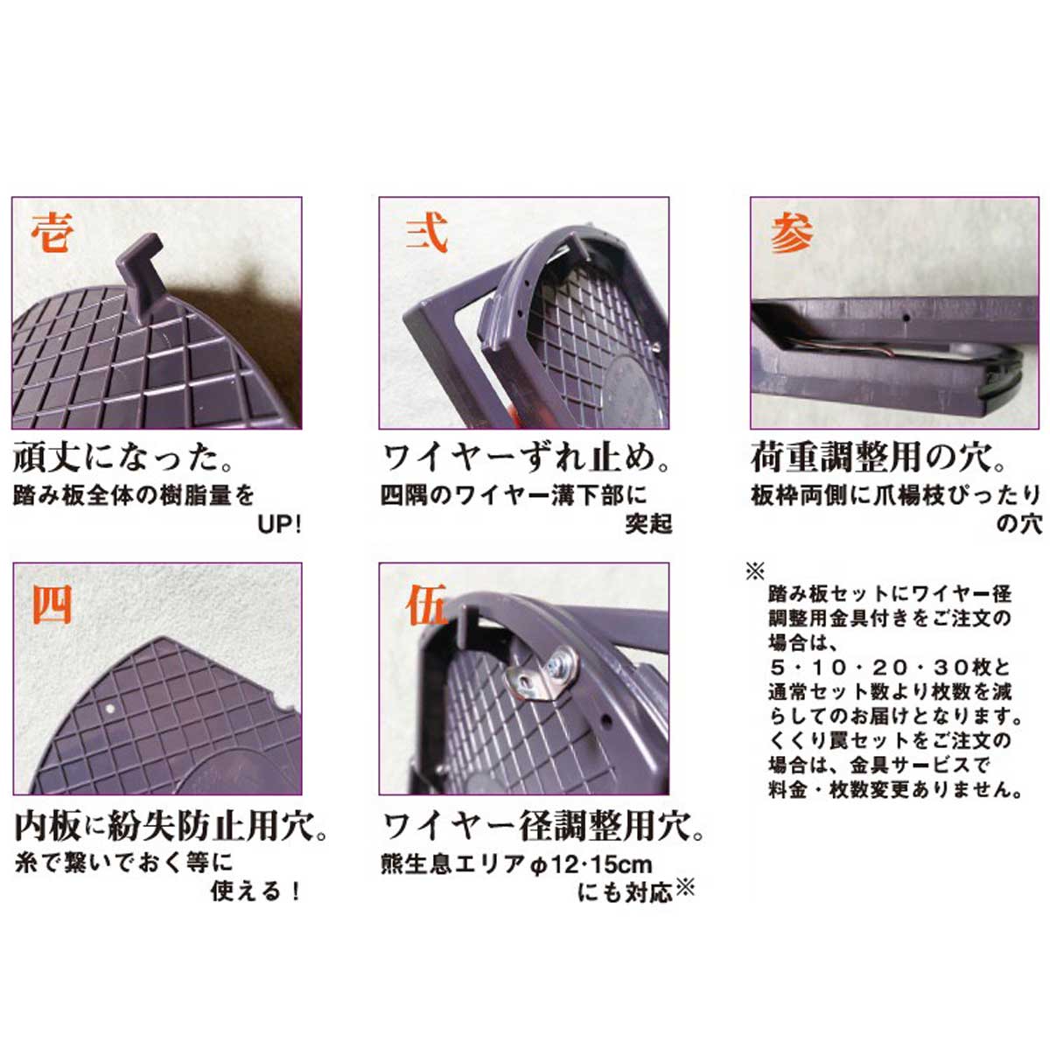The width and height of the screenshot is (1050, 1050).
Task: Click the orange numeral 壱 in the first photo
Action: point(52,233)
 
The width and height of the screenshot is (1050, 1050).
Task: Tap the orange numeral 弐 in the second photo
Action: point(427,233)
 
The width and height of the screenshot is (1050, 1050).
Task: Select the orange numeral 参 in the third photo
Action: point(792,234)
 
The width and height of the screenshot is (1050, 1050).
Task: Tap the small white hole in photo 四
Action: point(109,709)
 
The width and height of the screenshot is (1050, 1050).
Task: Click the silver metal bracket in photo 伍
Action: point(541,674)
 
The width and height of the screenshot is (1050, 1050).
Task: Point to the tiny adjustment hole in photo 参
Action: point(906,316)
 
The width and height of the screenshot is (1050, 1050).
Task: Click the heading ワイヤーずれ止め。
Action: point(526,458)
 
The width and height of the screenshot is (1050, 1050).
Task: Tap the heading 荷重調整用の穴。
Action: point(878,458)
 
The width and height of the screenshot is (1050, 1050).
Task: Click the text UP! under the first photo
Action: point(279,525)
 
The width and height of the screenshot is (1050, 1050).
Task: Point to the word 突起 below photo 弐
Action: point(648,524)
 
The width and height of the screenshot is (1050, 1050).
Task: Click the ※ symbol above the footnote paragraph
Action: point(755,571)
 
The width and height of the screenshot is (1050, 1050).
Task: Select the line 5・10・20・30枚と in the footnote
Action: point(890,667)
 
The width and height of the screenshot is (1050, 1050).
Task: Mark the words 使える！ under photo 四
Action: point(255,892)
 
